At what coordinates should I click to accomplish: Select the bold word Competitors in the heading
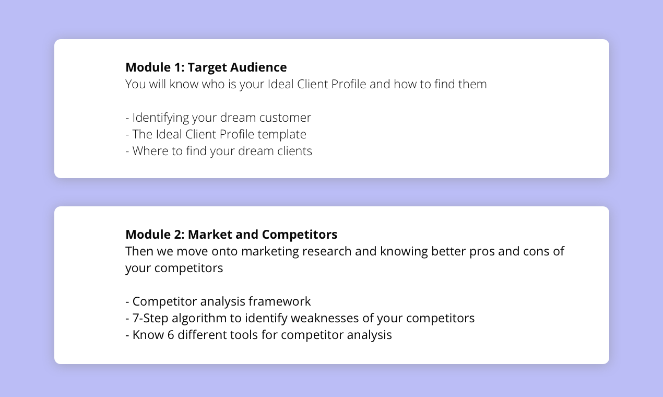click(300, 235)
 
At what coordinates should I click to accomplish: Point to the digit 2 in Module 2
click(180, 235)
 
